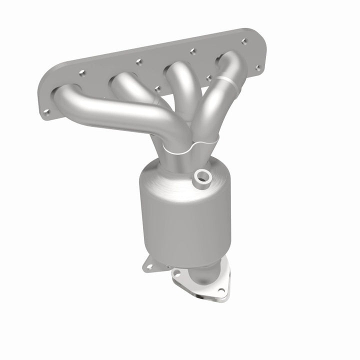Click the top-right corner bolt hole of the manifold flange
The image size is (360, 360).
point(244,42)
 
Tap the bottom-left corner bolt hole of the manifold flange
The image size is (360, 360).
point(45,112)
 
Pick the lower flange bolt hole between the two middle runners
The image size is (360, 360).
point(157,89)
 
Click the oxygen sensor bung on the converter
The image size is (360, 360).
point(203,176)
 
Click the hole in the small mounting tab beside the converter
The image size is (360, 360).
point(147,265)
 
